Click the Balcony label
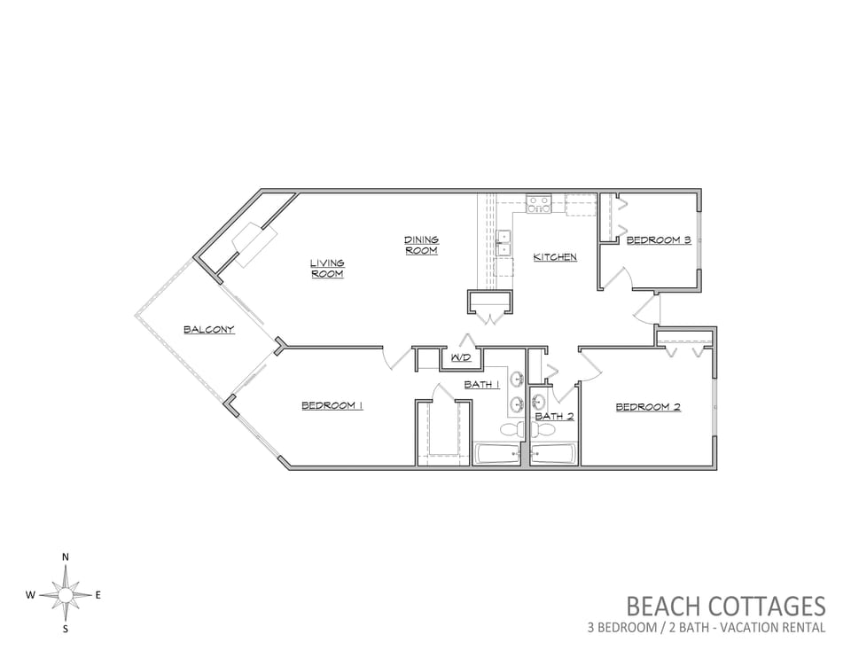209,329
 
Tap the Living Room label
327,268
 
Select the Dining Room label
422,245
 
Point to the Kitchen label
555,257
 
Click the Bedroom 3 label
659,239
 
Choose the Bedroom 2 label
648,407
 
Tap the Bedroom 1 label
332,405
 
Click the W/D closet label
460,357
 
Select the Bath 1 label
481,384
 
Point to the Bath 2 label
554,417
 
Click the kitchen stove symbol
538,204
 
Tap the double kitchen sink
504,242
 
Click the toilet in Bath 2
543,430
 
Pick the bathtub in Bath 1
498,454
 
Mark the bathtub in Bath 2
552,454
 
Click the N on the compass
66,557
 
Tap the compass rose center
65,596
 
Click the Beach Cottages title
726,606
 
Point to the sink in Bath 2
538,402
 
